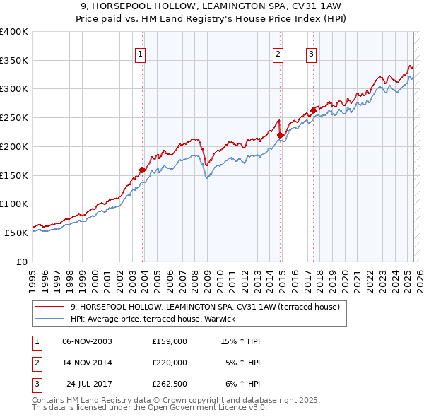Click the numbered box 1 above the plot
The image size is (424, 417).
pyautogui.click(x=140, y=54)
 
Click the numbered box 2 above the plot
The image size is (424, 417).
pyautogui.click(x=278, y=54)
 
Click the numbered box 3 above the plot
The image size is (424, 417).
pyautogui.click(x=312, y=54)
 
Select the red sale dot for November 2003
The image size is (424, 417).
pyautogui.click(x=143, y=170)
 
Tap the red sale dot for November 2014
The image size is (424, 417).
pyautogui.click(x=281, y=135)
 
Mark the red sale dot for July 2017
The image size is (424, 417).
pyautogui.click(x=313, y=110)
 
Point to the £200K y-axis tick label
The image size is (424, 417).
pyautogui.click(x=13, y=146)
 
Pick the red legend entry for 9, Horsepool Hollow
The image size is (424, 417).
pyautogui.click(x=205, y=307)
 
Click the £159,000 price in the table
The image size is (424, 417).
pyautogui.click(x=169, y=341)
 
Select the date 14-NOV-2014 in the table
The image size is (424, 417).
pyautogui.click(x=87, y=363)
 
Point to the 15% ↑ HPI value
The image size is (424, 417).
pyautogui.click(x=241, y=341)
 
